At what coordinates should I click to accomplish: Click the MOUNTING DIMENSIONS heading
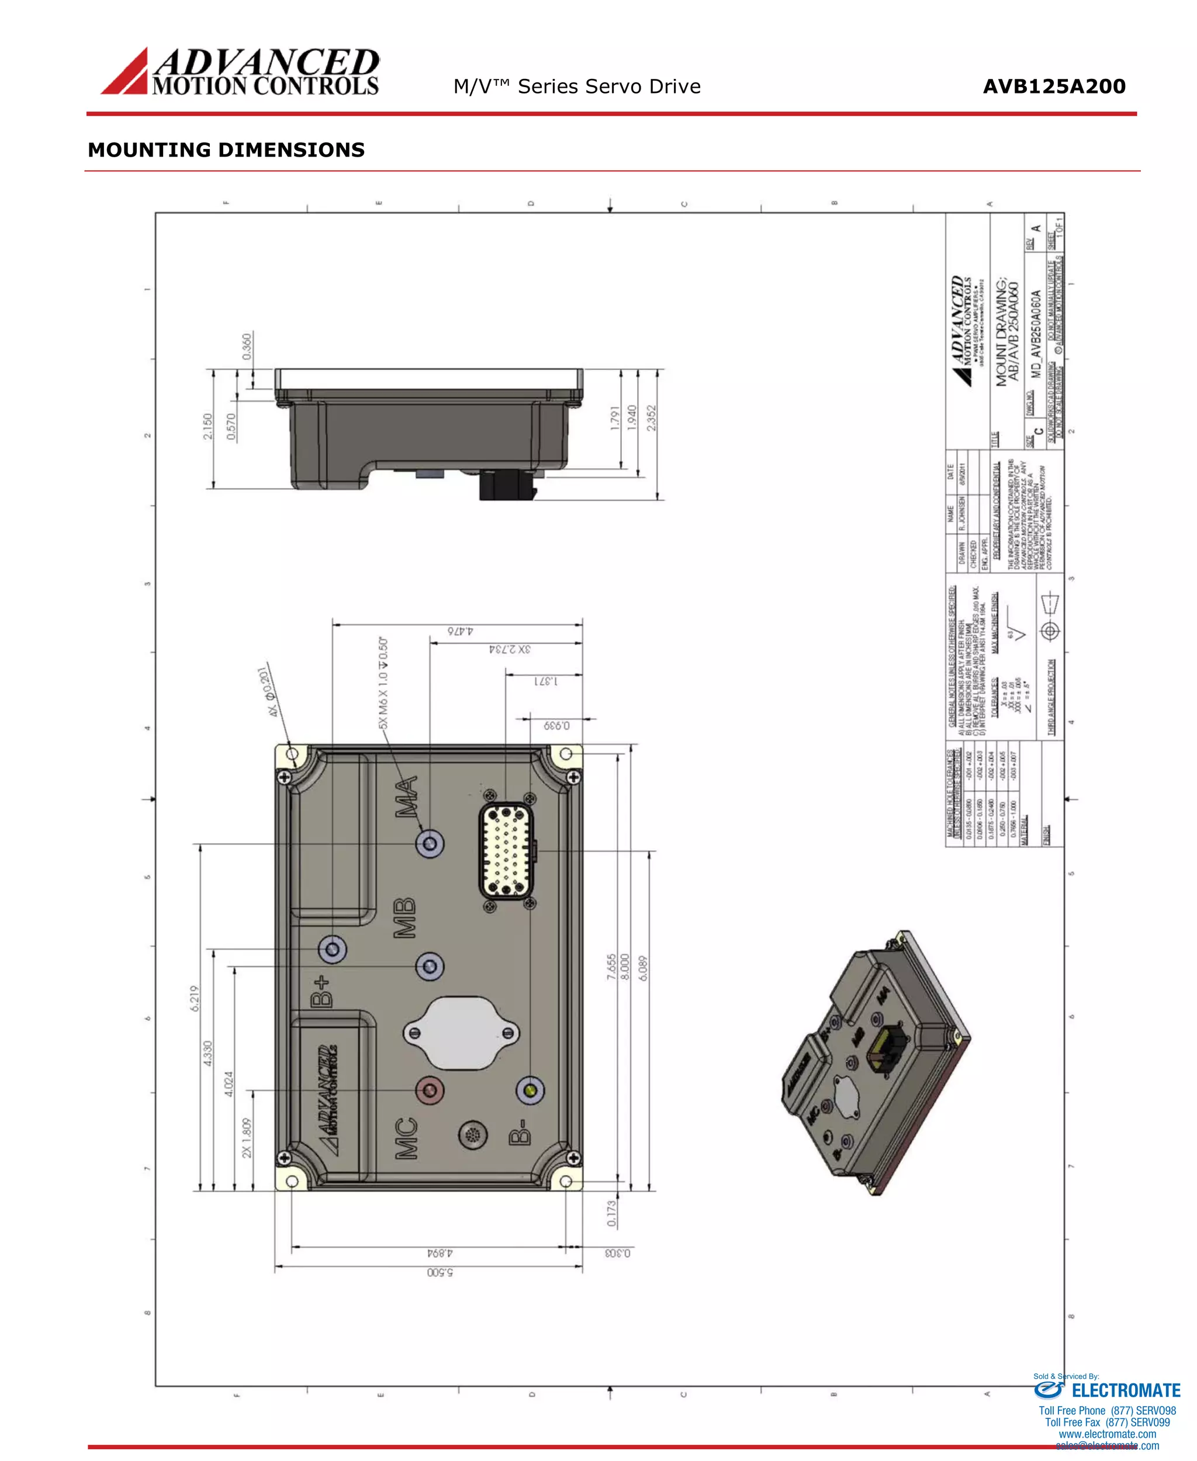click(x=226, y=150)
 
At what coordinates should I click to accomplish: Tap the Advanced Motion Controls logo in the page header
click(x=240, y=71)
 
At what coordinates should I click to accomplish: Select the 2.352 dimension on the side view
click(x=652, y=418)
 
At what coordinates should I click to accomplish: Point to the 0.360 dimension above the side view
click(x=247, y=347)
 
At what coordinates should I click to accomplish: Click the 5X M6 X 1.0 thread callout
click(x=383, y=683)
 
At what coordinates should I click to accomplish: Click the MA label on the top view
click(x=407, y=797)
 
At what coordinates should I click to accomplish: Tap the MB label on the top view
click(x=404, y=918)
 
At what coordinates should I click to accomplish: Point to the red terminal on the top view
click(x=430, y=1090)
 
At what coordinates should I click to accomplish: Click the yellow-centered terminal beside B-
click(x=530, y=1090)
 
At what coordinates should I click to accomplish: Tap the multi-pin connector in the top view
click(x=507, y=851)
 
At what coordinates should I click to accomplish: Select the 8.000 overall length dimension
click(x=625, y=967)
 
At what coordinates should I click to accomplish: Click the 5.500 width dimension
click(x=440, y=1272)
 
